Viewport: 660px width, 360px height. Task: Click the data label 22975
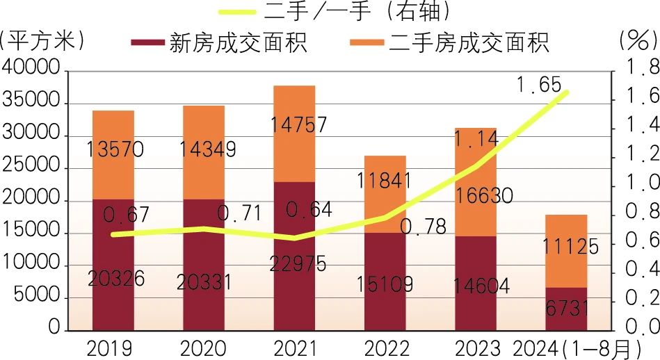(293, 263)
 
